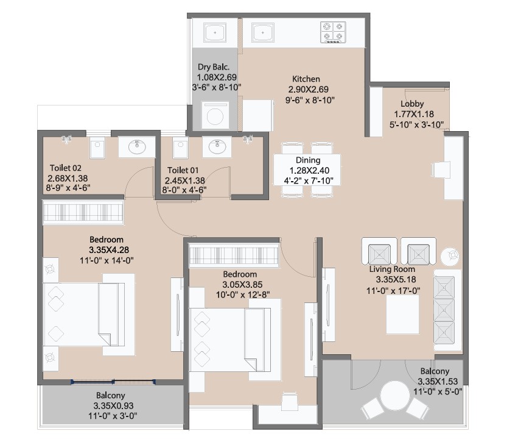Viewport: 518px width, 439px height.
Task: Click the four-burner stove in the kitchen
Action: click(333, 32)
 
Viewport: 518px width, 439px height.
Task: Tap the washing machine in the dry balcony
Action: click(215, 115)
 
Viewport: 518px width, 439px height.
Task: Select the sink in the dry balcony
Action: click(215, 32)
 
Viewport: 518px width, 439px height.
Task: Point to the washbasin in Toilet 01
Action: click(217, 146)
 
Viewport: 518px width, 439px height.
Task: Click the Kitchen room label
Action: click(306, 79)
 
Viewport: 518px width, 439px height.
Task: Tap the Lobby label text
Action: click(412, 104)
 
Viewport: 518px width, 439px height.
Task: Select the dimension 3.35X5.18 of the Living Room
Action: click(396, 279)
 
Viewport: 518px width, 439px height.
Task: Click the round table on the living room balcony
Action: click(395, 396)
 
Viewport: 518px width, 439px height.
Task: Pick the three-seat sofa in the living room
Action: click(447, 310)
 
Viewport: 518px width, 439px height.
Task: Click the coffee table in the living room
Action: click(403, 314)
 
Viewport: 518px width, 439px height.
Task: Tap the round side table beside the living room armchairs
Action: click(450, 255)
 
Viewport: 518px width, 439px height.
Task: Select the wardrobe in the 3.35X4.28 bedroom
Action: click(83, 212)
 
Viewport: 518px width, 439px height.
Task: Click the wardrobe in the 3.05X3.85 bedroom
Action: click(234, 255)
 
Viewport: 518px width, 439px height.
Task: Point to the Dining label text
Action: click(308, 160)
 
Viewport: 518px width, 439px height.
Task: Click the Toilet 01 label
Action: click(183, 170)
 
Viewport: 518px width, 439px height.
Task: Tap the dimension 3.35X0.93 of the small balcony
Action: click(113, 405)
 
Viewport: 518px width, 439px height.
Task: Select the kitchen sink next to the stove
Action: click(262, 32)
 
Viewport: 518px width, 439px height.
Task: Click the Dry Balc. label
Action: click(214, 67)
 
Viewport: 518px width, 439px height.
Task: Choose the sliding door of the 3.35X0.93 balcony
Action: click(113, 382)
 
